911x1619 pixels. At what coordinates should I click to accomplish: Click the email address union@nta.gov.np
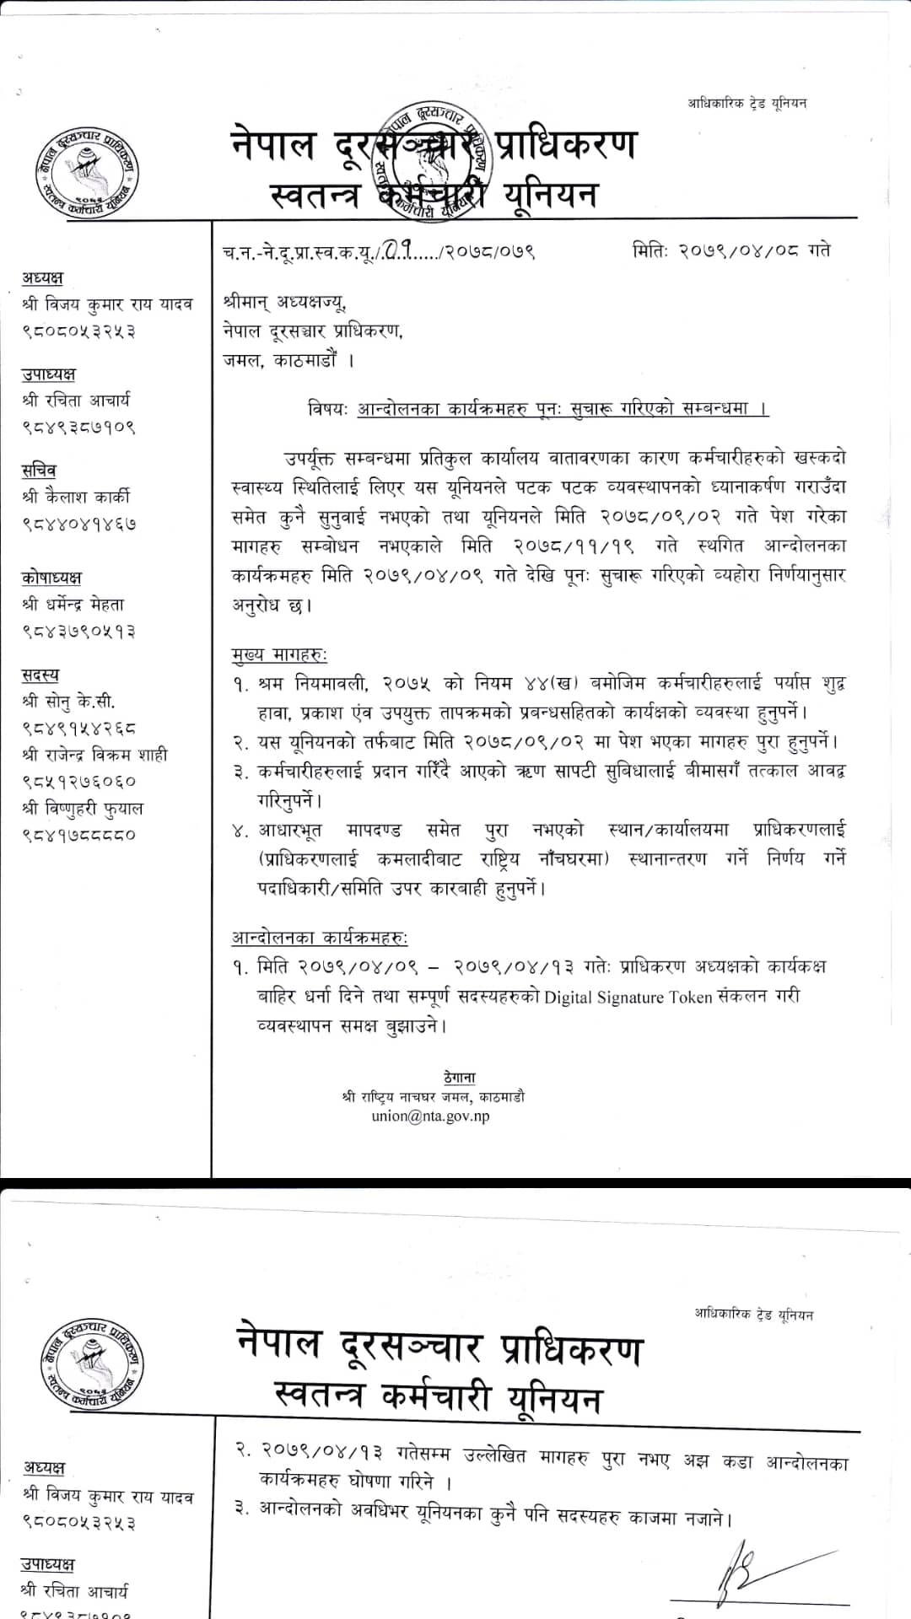click(430, 1116)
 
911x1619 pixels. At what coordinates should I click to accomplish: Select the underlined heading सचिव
click(39, 471)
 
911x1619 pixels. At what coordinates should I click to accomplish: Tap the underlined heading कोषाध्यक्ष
click(51, 578)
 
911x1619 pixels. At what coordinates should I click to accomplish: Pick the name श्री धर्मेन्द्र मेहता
click(73, 604)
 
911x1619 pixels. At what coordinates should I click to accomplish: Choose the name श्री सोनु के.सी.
click(68, 701)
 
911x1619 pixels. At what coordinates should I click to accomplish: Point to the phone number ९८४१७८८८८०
click(78, 835)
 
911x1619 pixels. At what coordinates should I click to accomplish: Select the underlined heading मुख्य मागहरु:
click(279, 654)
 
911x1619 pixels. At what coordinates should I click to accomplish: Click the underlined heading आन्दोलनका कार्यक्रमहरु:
click(320, 938)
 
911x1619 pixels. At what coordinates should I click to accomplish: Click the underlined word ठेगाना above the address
click(459, 1078)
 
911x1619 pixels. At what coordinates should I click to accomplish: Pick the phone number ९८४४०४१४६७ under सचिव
click(78, 524)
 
